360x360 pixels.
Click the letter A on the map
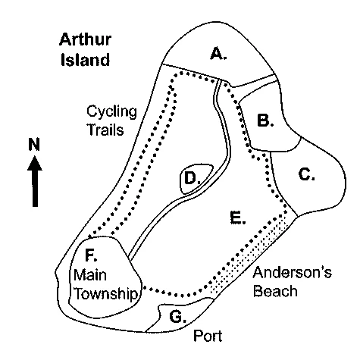coord(217,54)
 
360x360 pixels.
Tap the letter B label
coord(264,120)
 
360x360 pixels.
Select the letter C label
coord(305,174)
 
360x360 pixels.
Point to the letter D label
coord(190,178)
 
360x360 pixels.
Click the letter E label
coord(236,218)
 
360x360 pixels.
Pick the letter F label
coord(89,255)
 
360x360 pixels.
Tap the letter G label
coord(176,317)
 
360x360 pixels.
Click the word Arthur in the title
coord(86,39)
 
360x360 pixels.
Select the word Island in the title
coord(86,60)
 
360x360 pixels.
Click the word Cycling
coord(111,112)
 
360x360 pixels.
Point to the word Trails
coord(105,130)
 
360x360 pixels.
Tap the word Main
coord(90,275)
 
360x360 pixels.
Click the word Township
coord(106,294)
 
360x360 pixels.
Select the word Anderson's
coord(293,272)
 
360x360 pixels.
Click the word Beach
coord(275,291)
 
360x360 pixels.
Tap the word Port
coord(208,336)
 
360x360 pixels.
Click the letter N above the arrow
coord(34,144)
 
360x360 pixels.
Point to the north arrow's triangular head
coord(35,163)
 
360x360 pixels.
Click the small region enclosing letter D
coord(196,179)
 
